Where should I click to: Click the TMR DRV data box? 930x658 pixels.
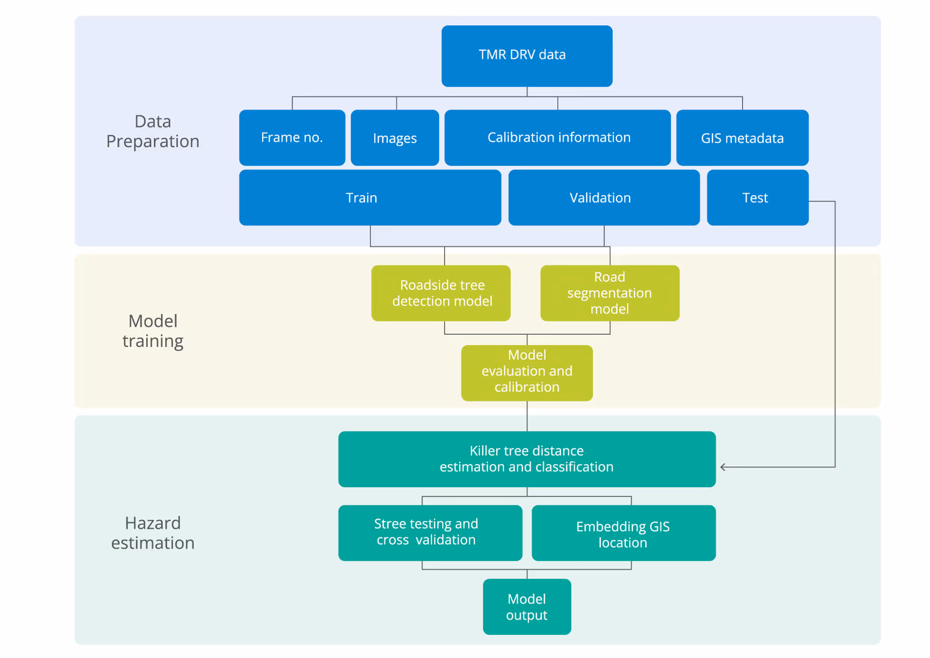point(527,56)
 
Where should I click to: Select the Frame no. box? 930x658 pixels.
point(292,138)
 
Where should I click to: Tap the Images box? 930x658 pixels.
point(395,138)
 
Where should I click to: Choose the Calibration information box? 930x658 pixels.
point(558,138)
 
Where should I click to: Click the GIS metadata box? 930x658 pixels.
point(742,138)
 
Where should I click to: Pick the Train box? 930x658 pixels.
point(370,198)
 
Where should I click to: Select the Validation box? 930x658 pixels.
point(604,198)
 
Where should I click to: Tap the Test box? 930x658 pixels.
point(758,198)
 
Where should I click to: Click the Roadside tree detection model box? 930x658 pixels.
point(441,293)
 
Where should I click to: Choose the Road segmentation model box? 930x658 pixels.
point(610,293)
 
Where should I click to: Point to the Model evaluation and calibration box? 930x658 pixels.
point(527,373)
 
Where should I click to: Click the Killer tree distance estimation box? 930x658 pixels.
point(527,459)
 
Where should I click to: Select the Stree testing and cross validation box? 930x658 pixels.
point(430,533)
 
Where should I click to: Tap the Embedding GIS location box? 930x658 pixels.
point(624,533)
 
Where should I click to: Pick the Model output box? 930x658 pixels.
point(527,607)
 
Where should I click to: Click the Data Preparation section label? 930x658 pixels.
point(153,131)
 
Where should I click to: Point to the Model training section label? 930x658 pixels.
point(153,331)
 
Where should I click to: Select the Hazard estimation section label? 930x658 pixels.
point(153,533)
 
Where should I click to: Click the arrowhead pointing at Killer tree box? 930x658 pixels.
point(722,467)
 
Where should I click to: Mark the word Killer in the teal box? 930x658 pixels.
point(485,450)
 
